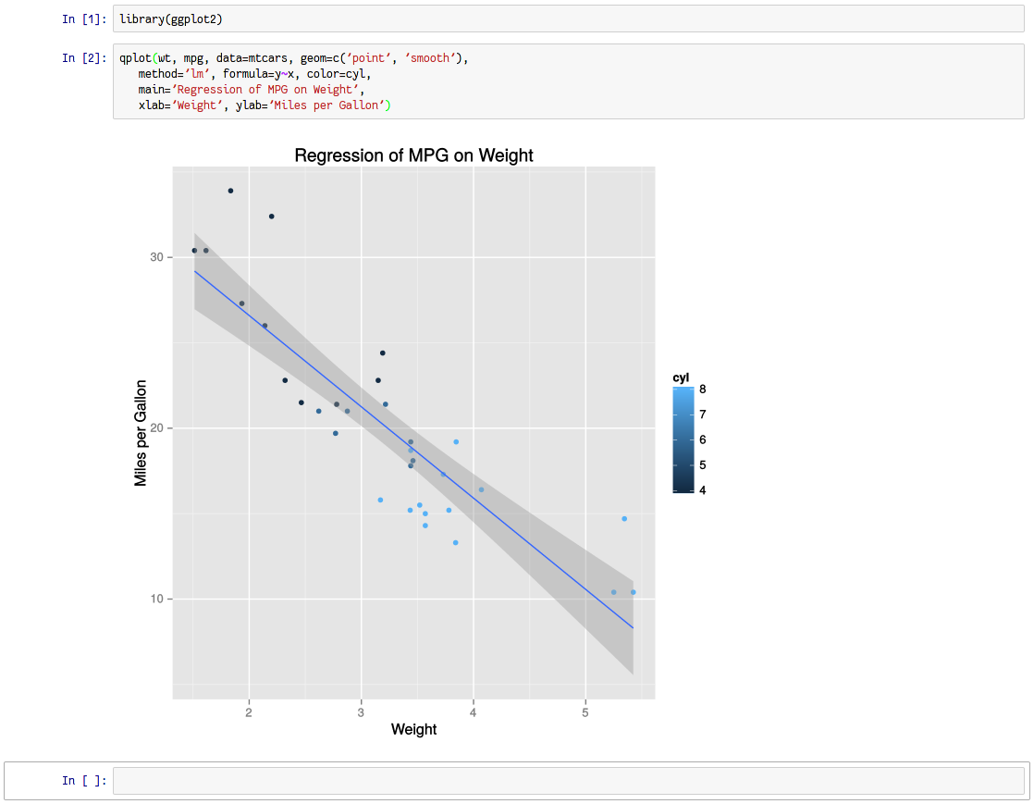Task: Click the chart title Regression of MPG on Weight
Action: pyautogui.click(x=413, y=155)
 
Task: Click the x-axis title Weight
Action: pyautogui.click(x=413, y=729)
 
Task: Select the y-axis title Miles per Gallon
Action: pyautogui.click(x=141, y=432)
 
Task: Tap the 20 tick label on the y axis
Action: pyautogui.click(x=157, y=428)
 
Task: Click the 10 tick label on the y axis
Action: pyautogui.click(x=157, y=600)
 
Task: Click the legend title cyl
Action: pyautogui.click(x=681, y=377)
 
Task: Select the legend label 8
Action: pyautogui.click(x=702, y=389)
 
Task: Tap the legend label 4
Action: pyautogui.click(x=702, y=490)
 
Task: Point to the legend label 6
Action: pyautogui.click(x=702, y=439)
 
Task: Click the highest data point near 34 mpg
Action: pyautogui.click(x=230, y=191)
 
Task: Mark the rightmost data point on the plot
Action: pyautogui.click(x=633, y=592)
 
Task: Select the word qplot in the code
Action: pyautogui.click(x=135, y=58)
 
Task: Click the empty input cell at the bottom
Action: pyautogui.click(x=568, y=781)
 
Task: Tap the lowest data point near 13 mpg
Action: pyautogui.click(x=455, y=542)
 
